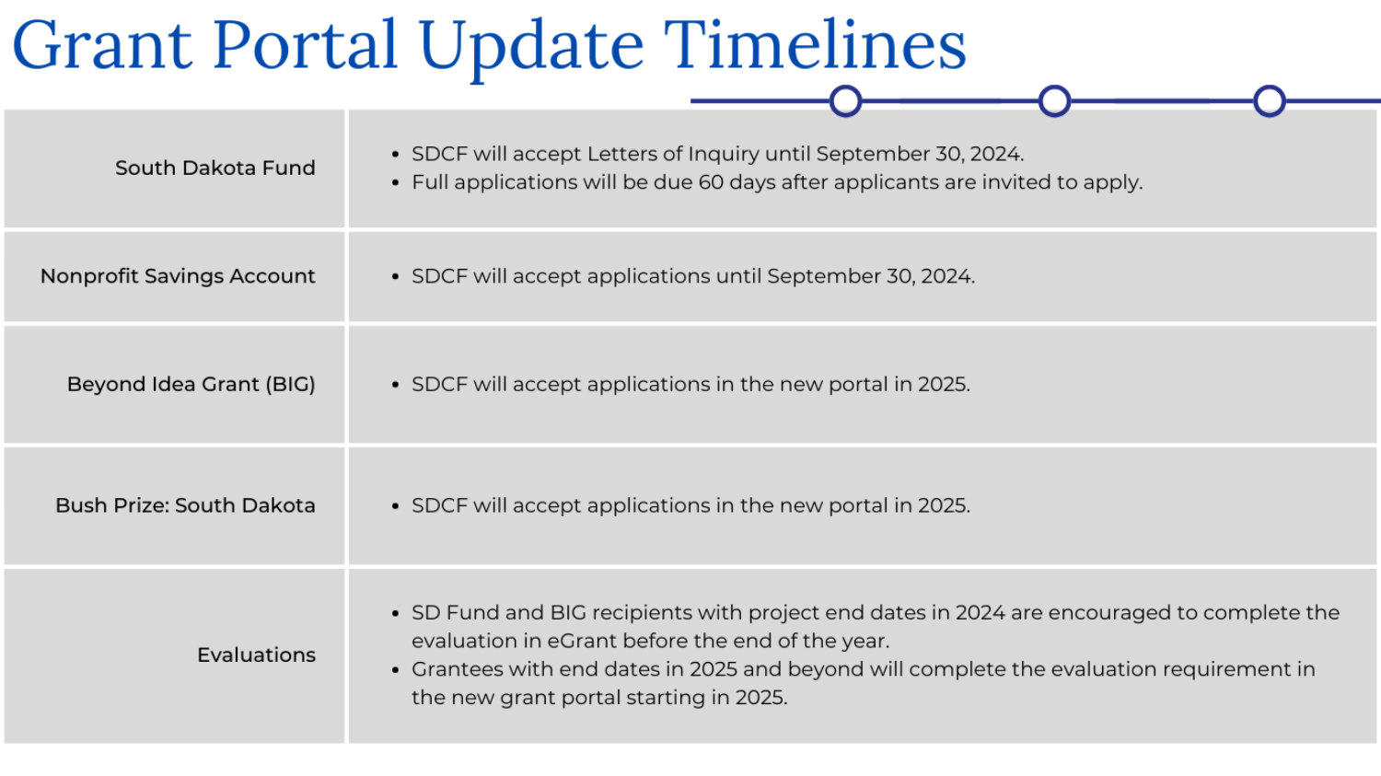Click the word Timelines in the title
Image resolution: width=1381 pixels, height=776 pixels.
pos(815,46)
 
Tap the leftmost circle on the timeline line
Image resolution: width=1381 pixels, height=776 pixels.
pos(845,100)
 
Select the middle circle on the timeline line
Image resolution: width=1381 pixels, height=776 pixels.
pos(1054,100)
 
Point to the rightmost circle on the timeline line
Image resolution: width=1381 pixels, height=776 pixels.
pos(1269,100)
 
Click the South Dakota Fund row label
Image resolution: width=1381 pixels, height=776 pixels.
pos(215,168)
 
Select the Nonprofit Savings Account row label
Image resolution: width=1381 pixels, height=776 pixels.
pos(178,276)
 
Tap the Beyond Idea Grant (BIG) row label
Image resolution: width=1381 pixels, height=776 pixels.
pos(191,385)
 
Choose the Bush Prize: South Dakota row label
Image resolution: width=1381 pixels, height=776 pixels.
pos(185,505)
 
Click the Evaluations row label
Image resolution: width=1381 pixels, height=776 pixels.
pos(256,655)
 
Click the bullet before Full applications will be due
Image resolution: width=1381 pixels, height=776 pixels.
pos(395,183)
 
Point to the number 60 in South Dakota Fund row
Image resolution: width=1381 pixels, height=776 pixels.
pos(711,182)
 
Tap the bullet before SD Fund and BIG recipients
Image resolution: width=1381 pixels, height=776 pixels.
pos(395,614)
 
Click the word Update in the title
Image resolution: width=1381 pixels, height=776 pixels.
pos(531,46)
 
